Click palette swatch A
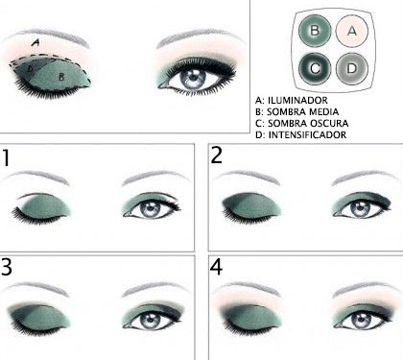click(352, 31)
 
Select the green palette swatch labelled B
click(315, 31)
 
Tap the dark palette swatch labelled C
click(315, 68)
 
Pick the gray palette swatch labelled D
click(352, 68)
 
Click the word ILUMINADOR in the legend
click(297, 100)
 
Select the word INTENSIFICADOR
click(307, 134)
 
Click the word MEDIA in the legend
click(322, 111)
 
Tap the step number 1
click(6, 157)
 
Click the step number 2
click(217, 156)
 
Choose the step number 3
click(7, 267)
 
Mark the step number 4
click(216, 267)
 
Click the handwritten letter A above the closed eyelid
click(36, 42)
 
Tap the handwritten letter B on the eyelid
click(61, 77)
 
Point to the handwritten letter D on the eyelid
click(30, 68)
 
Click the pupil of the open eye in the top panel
click(193, 78)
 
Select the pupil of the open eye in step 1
click(149, 209)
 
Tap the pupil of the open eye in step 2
click(360, 208)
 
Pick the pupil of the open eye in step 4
click(361, 319)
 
